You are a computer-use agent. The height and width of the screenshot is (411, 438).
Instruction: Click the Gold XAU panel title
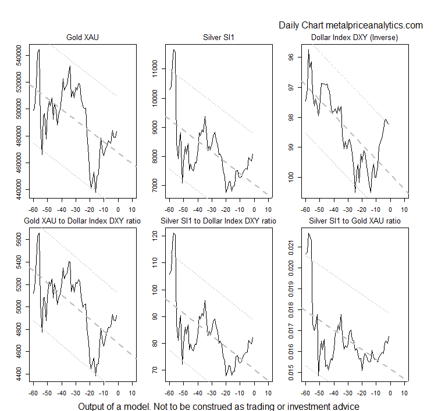(x=82, y=39)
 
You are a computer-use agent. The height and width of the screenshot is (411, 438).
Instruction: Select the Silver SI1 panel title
(x=218, y=39)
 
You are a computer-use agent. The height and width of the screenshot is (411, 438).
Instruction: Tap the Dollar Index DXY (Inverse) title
(x=354, y=39)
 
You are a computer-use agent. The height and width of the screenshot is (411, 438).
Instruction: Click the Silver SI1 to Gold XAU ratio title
(x=354, y=221)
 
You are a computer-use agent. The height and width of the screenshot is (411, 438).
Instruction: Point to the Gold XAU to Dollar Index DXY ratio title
(x=82, y=221)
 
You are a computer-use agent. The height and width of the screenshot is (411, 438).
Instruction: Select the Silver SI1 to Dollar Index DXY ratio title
(x=218, y=221)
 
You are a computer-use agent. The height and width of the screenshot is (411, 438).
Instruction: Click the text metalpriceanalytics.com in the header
(x=374, y=25)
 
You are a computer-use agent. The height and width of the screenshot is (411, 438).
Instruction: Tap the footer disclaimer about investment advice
(x=219, y=406)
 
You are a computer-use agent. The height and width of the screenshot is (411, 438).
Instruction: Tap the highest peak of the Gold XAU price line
(x=39, y=50)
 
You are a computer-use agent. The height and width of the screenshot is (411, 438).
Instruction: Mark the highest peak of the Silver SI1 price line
(x=174, y=50)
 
